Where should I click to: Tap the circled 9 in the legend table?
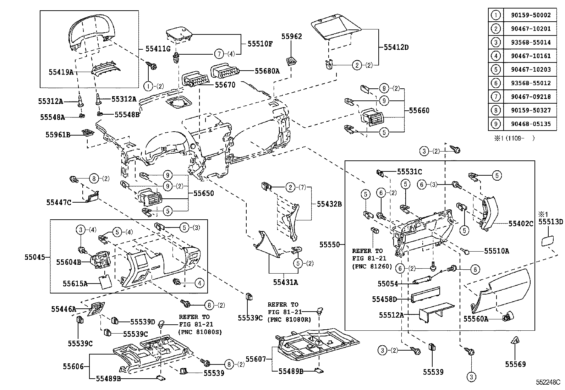pos(495,124)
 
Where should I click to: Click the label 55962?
pos(291,36)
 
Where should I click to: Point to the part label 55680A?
pos(267,71)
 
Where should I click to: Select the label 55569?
pos(515,364)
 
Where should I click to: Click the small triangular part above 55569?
pos(515,341)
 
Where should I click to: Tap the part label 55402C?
pos(521,224)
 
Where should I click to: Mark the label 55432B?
pos(329,204)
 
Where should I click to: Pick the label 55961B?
pos(58,134)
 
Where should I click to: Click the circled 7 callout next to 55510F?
pos(220,54)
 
